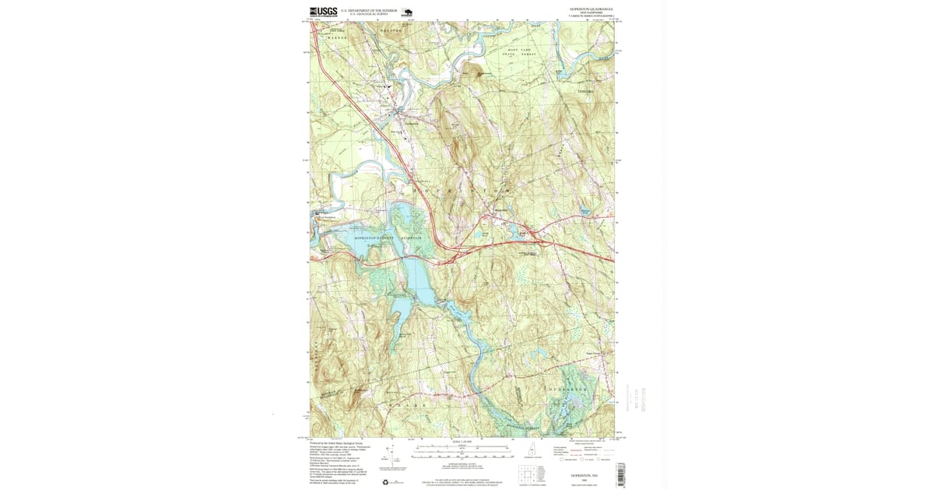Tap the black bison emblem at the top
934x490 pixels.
pos(407,12)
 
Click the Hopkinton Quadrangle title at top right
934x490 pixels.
pos(587,9)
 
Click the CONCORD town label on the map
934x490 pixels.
pos(585,92)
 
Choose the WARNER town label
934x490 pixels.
pos(336,37)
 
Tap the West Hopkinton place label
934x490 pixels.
pos(325,218)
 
